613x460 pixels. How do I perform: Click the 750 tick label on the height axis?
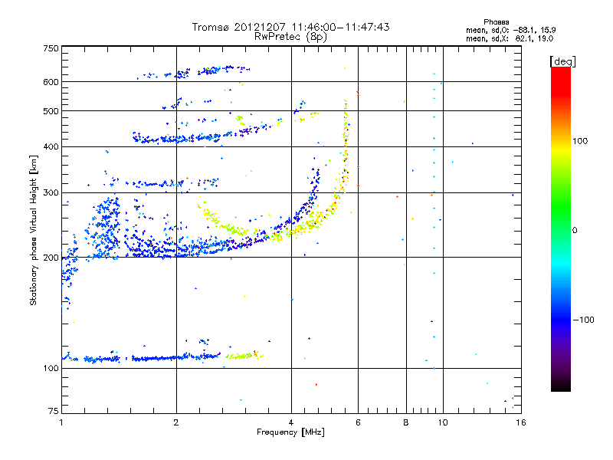(51, 48)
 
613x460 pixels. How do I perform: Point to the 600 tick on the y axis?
(51, 81)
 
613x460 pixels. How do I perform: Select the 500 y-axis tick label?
(51, 111)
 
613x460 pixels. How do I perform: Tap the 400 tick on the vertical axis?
(51, 146)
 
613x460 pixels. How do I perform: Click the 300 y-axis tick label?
(51, 192)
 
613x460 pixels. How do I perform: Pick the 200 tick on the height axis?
(51, 257)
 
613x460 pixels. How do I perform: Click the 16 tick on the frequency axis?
(520, 422)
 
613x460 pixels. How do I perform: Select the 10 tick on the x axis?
(442, 422)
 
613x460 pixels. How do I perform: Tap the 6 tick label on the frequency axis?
(358, 422)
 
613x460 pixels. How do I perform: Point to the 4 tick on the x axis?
(291, 422)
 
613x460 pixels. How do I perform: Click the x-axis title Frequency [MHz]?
(290, 432)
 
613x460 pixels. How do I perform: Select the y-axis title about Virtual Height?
(34, 230)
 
